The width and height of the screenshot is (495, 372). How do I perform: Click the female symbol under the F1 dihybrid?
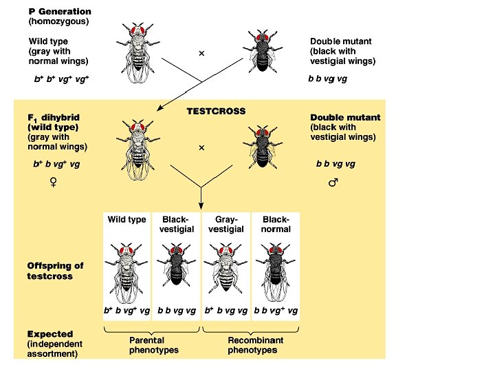click(x=53, y=182)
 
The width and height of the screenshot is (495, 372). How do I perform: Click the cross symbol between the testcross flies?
click(x=201, y=147)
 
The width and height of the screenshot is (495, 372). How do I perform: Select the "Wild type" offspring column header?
click(x=126, y=220)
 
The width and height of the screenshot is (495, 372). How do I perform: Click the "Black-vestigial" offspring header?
click(x=177, y=224)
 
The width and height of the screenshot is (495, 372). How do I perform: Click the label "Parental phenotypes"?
click(x=153, y=345)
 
